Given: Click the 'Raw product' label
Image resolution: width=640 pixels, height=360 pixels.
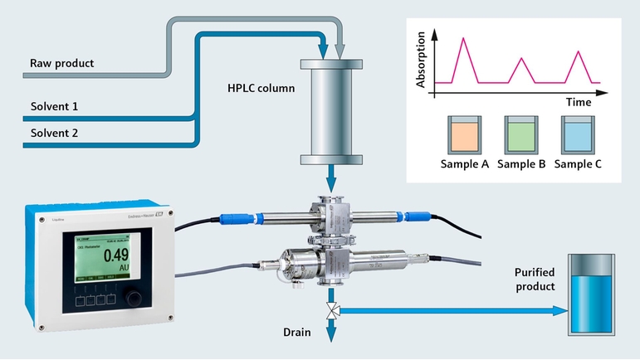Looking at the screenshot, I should (62, 63).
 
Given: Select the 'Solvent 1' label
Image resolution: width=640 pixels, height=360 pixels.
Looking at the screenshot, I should (55, 107).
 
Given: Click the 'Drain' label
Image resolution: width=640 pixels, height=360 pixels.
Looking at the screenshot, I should (294, 333).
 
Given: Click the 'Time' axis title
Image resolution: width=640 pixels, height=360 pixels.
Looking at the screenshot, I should (579, 103).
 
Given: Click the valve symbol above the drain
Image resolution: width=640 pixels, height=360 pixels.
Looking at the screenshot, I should (332, 310).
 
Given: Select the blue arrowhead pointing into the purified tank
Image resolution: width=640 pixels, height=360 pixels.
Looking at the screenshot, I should (559, 310).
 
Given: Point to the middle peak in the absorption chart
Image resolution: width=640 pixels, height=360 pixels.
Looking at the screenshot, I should (520, 58).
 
